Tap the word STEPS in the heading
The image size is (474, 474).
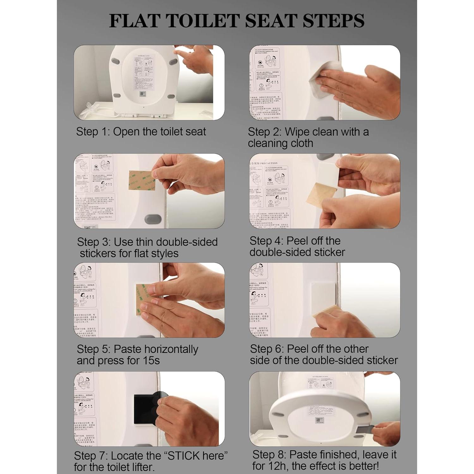(333, 21)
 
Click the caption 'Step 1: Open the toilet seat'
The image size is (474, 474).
(141, 131)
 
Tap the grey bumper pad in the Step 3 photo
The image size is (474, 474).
(153, 219)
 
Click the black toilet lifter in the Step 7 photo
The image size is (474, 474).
(146, 408)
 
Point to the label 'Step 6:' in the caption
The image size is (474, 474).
(267, 349)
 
